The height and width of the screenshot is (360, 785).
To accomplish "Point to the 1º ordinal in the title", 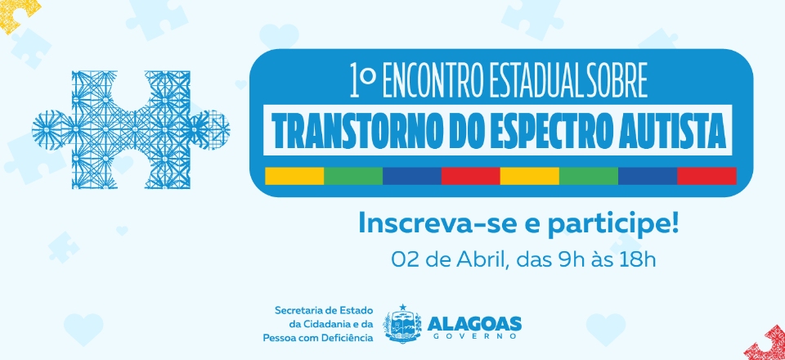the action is click(x=363, y=81).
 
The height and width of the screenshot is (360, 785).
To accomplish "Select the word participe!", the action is click(x=613, y=225).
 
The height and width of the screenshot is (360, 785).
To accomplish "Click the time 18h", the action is click(x=639, y=259).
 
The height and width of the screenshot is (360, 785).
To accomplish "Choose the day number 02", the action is click(x=402, y=259).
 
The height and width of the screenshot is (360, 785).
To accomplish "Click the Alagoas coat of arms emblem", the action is click(x=402, y=324).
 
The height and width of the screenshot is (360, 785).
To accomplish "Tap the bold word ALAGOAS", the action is click(x=474, y=323).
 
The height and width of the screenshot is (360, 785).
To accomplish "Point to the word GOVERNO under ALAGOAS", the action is click(x=474, y=337).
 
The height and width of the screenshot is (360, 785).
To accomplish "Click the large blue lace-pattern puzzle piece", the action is click(x=131, y=129).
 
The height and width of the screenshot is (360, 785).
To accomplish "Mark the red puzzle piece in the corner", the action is click(x=766, y=344).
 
